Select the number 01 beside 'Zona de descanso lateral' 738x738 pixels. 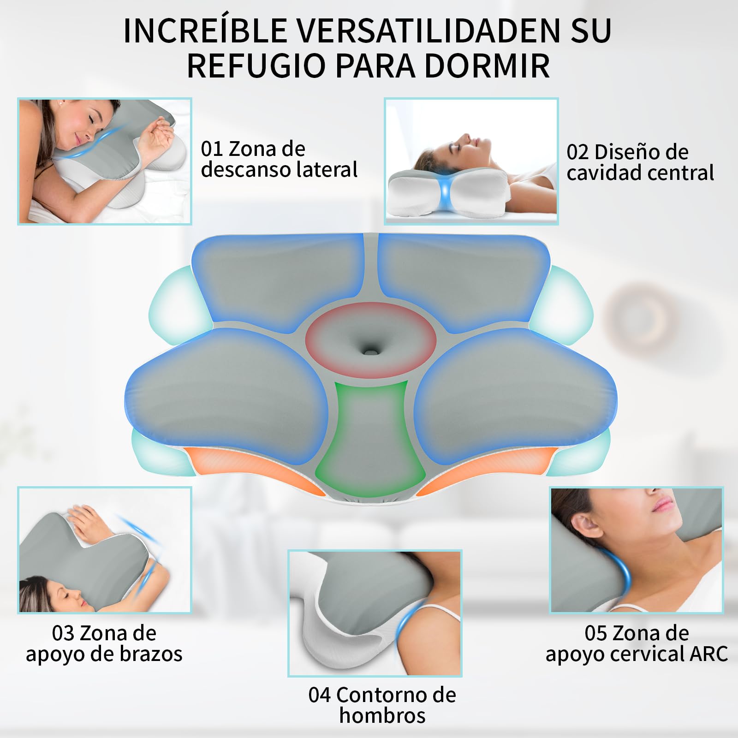click(212, 149)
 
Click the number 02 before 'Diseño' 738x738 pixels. click(578, 152)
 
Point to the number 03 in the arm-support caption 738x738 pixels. click(63, 633)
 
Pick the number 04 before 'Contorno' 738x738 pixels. click(320, 695)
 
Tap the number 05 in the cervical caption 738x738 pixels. click(596, 633)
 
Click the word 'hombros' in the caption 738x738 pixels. click(382, 716)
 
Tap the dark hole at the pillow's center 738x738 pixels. click(370, 351)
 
